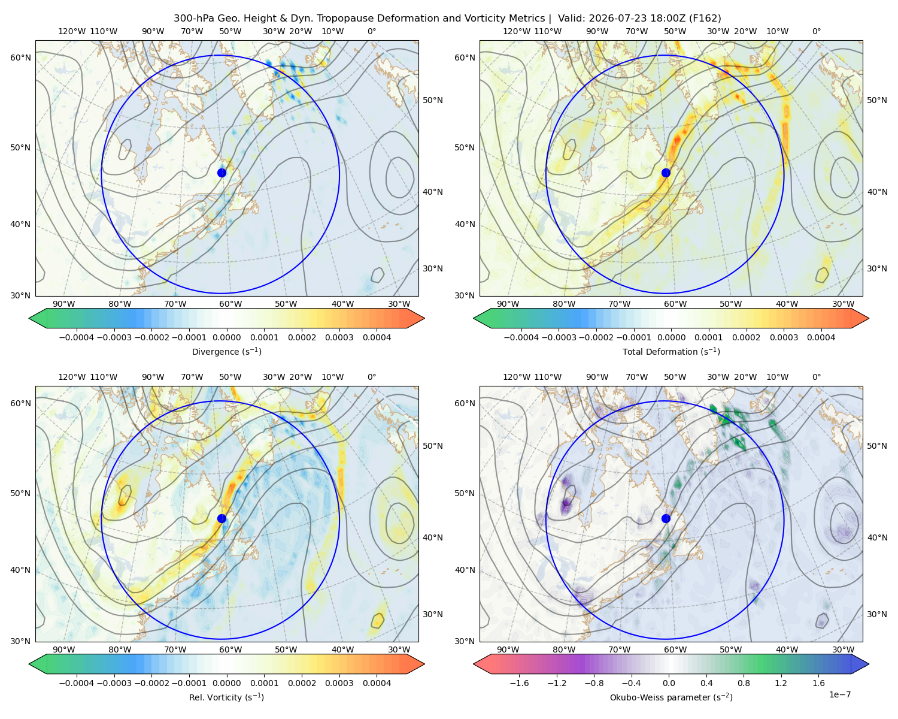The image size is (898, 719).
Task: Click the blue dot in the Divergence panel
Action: (x=222, y=173)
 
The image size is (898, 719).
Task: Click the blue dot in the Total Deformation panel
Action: (x=666, y=173)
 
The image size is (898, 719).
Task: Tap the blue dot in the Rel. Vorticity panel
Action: (x=222, y=518)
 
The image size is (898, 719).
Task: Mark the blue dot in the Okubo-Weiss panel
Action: (x=666, y=518)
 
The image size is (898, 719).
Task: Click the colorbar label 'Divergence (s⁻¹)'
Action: (x=226, y=351)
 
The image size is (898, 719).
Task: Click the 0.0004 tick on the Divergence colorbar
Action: (x=377, y=337)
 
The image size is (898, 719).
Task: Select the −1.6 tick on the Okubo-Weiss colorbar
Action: (x=519, y=683)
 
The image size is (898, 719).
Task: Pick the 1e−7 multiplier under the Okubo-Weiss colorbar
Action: (x=839, y=694)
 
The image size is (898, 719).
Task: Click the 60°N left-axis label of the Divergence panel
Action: (x=20, y=58)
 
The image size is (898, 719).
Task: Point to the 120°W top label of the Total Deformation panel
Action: (x=517, y=31)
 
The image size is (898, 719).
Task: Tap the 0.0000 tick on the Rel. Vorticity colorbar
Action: (x=226, y=683)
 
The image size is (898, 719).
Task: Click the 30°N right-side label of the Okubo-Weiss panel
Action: (x=877, y=614)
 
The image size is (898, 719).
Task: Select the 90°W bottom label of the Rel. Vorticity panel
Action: (x=64, y=649)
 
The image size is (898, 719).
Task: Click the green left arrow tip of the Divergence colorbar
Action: (x=29, y=318)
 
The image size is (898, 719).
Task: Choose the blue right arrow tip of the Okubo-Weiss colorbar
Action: (x=869, y=664)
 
